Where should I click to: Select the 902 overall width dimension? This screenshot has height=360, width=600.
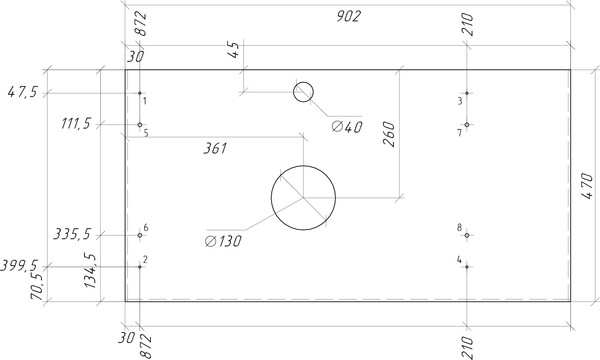349,16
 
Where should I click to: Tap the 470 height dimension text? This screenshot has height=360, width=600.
587,186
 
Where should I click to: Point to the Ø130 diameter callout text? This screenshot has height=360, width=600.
223,241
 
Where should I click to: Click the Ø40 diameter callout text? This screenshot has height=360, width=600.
347,127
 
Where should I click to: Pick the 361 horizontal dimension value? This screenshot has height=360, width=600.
215,148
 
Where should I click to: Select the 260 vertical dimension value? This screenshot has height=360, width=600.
389,134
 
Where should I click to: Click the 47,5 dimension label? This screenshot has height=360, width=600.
23,92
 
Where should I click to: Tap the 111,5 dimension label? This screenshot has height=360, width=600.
76,124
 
